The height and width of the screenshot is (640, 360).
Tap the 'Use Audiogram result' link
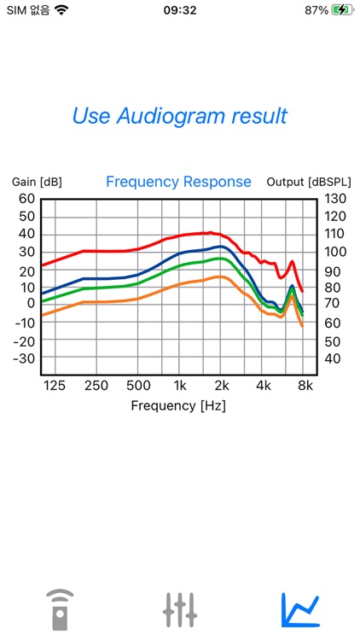tap(179, 116)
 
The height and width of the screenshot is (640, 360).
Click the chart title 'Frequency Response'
tap(178, 182)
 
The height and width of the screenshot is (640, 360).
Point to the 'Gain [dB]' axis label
tap(37, 182)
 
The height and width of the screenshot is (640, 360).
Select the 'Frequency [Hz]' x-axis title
tap(178, 405)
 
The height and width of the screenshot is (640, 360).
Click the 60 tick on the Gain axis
tap(26, 199)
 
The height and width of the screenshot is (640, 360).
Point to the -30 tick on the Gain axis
tap(24, 358)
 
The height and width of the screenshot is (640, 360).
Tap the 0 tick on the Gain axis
tap(31, 303)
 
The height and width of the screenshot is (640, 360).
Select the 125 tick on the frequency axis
tap(54, 385)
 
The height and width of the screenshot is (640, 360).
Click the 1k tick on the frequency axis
tap(179, 385)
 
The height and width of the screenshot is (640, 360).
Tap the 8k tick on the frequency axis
tap(305, 385)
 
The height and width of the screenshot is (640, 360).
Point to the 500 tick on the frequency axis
tap(137, 385)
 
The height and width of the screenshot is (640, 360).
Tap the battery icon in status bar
tap(341, 10)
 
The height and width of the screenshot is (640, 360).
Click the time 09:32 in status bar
tap(179, 10)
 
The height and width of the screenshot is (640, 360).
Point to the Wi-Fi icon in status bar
tap(61, 10)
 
